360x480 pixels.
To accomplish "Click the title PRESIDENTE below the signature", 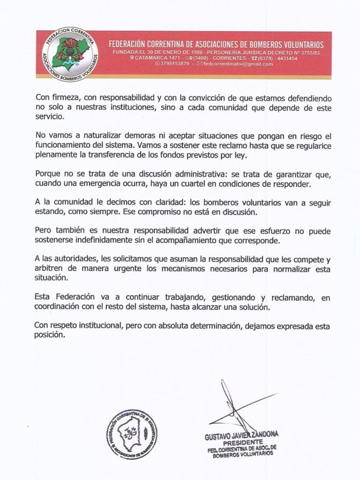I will tap(242, 443).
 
